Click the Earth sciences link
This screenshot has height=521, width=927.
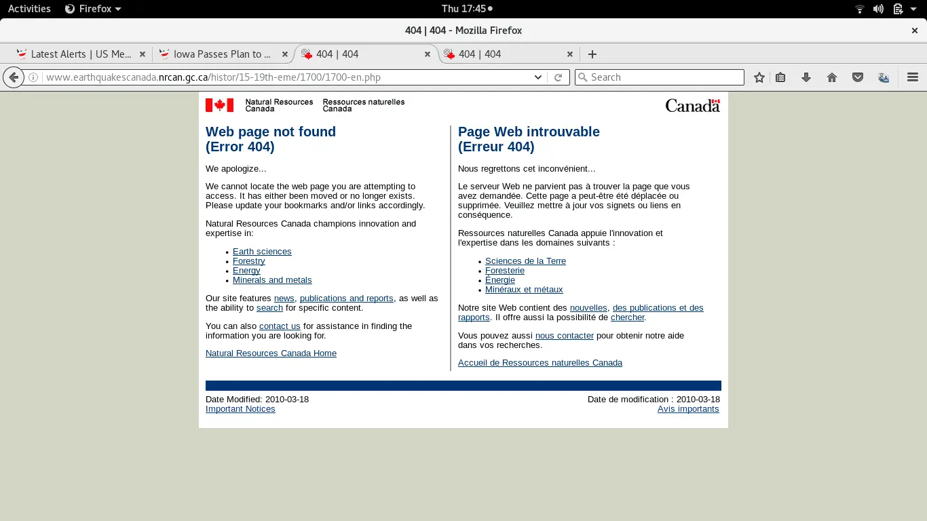[x=262, y=252]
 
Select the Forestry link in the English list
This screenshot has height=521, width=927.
[x=248, y=261]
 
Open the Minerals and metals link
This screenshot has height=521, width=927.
[x=272, y=280]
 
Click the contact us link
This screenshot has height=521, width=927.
[x=280, y=326]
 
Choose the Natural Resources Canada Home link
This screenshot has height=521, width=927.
[x=271, y=353]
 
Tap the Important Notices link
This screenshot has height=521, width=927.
[x=240, y=409]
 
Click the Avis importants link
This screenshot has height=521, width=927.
[x=688, y=409]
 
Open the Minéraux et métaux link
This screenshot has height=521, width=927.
[x=524, y=290]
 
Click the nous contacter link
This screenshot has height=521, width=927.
[x=565, y=336]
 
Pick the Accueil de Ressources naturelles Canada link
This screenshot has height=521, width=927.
[x=540, y=363]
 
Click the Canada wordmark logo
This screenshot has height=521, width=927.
[x=692, y=105]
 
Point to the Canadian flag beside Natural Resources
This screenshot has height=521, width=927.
[x=219, y=105]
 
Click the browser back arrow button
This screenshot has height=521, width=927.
[x=13, y=77]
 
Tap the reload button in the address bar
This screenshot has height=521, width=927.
[x=558, y=77]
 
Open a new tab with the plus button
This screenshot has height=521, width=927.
[x=592, y=54]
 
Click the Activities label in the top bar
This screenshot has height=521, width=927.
[x=29, y=9]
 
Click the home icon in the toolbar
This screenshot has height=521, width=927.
[x=832, y=77]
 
